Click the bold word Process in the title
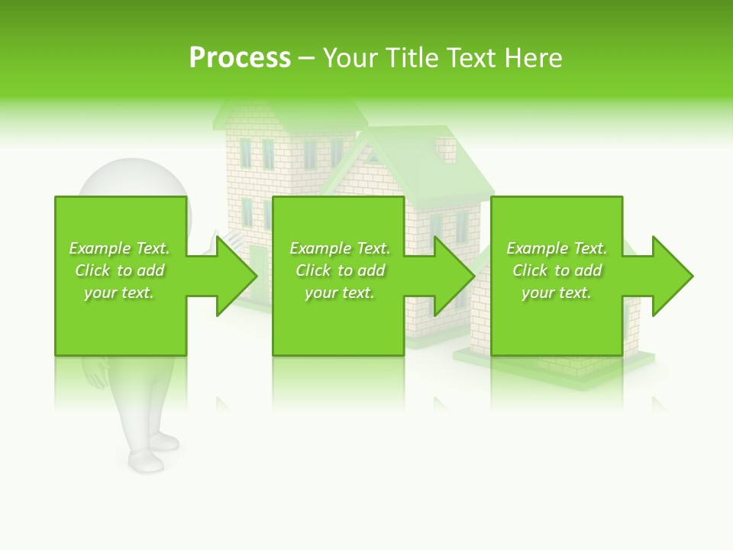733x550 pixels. tap(240, 58)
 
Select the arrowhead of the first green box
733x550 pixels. tap(236, 276)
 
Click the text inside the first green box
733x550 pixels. tap(120, 270)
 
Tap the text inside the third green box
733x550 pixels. tap(557, 270)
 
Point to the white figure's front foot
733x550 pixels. tap(145, 461)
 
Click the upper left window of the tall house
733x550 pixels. tap(246, 154)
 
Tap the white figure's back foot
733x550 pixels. tap(164, 441)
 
